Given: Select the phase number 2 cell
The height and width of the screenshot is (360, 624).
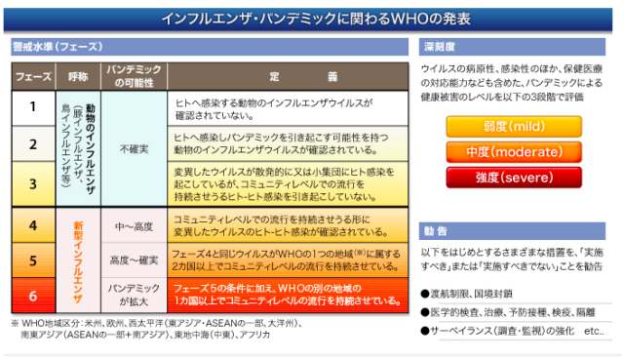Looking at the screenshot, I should pos(32,145).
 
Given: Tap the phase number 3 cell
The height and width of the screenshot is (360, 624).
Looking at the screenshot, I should pos(32,183).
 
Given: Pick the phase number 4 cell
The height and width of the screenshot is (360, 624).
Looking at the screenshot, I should pos(32,225).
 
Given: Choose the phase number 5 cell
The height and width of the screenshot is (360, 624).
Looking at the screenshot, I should pos(32,260).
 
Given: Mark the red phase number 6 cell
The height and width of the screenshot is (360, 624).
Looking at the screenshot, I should pos(32,295).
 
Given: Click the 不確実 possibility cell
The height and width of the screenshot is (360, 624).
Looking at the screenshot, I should pos(134,149).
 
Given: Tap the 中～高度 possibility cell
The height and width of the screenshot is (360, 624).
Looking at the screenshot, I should pos(134,226).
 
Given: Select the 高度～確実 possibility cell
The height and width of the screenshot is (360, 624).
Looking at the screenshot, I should pos(134,260).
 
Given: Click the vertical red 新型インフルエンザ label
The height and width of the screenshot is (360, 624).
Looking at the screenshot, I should pos(79,260).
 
